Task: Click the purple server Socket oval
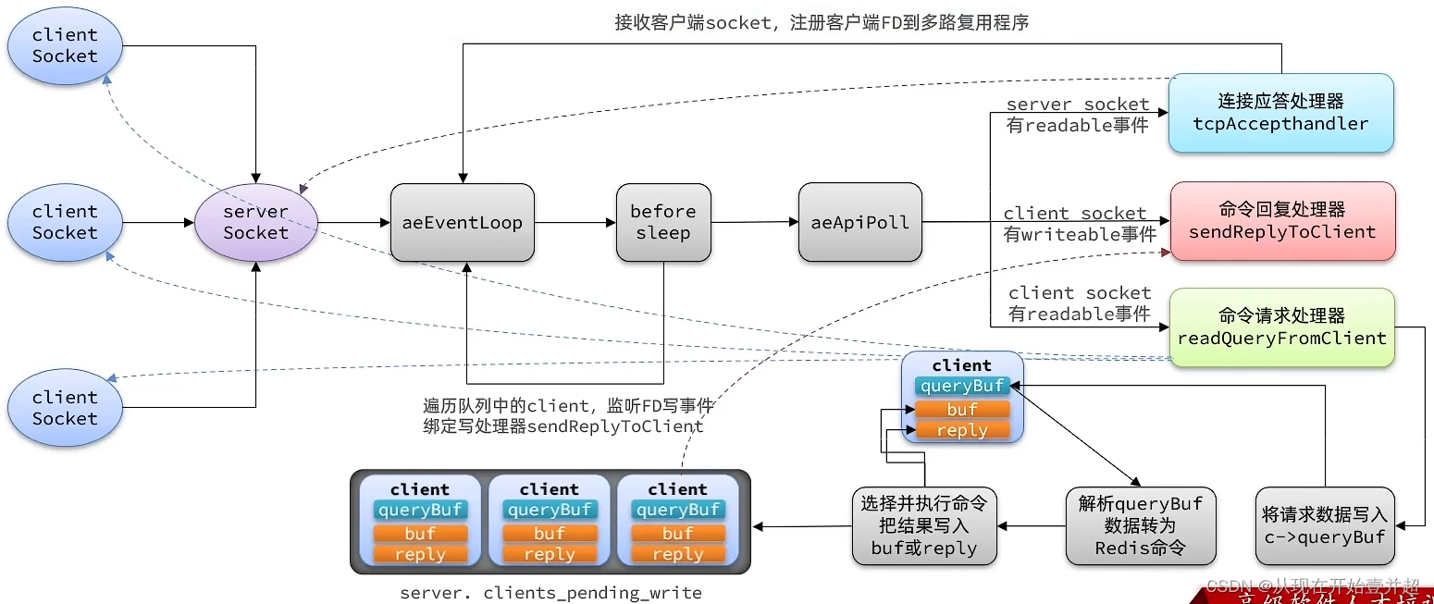[255, 222]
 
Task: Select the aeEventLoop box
[462, 222]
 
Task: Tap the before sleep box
[662, 222]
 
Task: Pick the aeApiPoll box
[859, 222]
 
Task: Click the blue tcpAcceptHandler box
[1280, 113]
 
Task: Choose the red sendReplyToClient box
[1281, 221]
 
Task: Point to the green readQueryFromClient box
[1281, 327]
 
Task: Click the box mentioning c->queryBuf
[1325, 526]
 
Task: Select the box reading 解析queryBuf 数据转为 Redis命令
[1140, 526]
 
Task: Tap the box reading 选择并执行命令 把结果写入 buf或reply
[923, 526]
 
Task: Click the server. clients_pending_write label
[550, 593]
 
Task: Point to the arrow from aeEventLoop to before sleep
[575, 222]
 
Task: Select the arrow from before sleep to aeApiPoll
[754, 222]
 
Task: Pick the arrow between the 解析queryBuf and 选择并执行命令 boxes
[1032, 526]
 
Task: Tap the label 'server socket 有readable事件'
[1077, 116]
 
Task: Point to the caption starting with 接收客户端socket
[822, 22]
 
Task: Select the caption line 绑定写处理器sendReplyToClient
[562, 426]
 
